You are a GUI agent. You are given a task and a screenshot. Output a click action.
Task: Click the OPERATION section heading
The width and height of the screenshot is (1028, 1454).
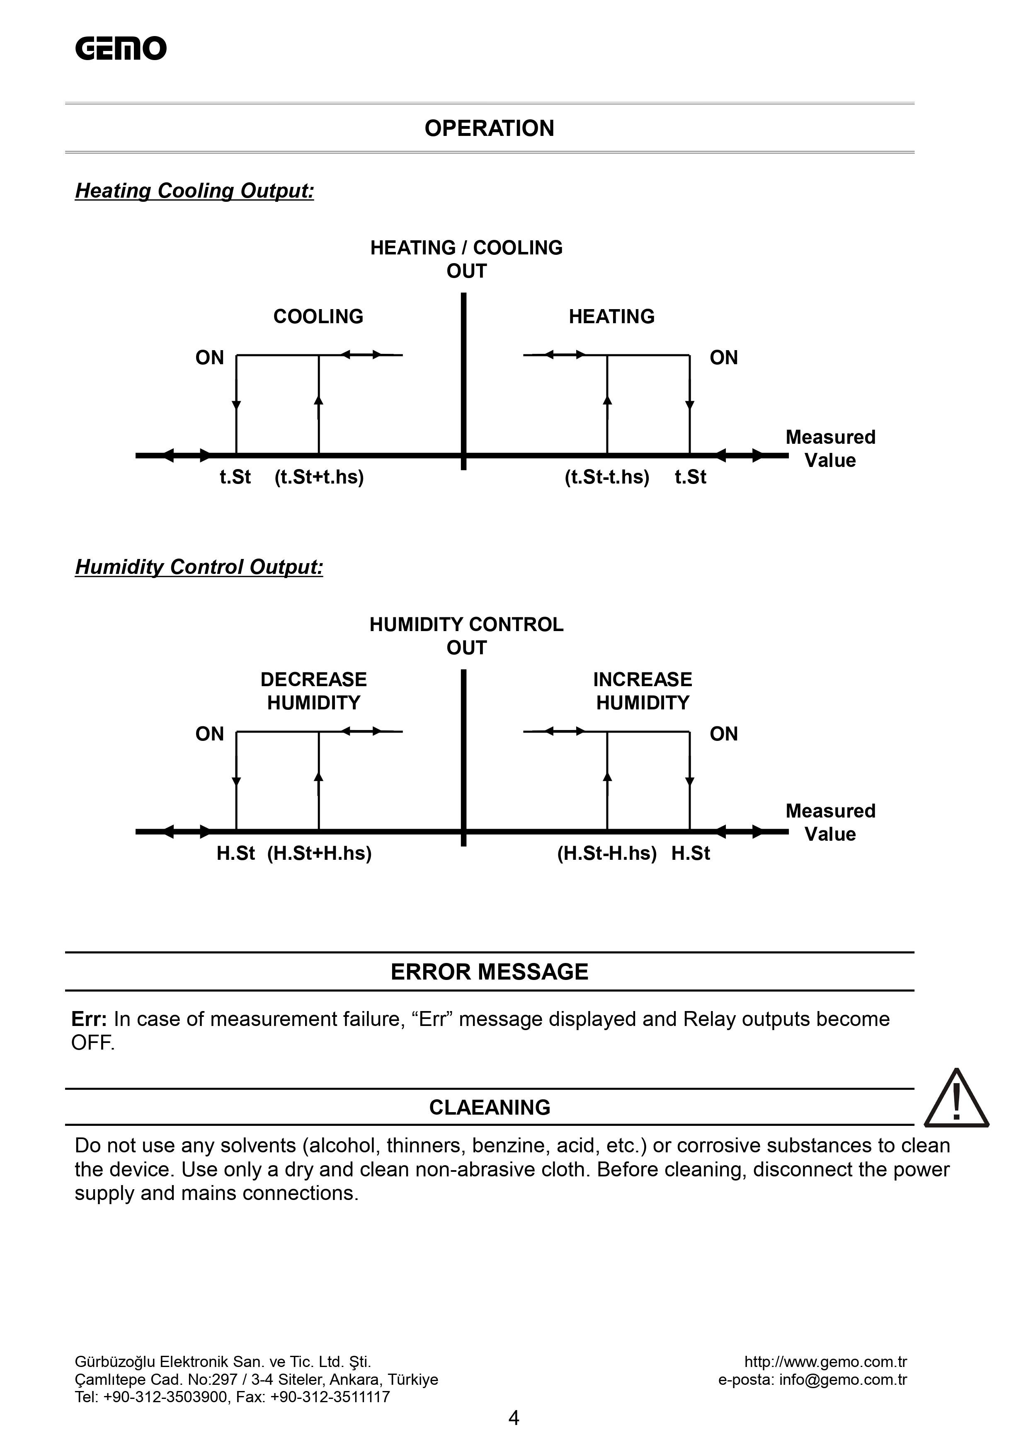point(489,128)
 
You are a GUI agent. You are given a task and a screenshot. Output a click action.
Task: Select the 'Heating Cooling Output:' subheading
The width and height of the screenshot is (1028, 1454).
point(194,191)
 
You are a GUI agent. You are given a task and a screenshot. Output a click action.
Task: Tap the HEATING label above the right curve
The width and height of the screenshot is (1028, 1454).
point(611,316)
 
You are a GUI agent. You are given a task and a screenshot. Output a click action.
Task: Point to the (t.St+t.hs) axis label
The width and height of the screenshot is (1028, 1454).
point(319,477)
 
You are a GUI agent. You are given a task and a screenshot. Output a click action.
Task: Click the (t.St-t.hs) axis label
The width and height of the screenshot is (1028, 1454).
point(607,477)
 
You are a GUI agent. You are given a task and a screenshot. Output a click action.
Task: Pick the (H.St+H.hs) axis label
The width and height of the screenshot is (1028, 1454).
point(319,853)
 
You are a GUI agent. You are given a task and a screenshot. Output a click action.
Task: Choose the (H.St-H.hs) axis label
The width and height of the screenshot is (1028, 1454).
point(607,853)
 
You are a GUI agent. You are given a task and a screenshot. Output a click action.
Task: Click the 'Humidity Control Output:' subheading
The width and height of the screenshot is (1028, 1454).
point(199,567)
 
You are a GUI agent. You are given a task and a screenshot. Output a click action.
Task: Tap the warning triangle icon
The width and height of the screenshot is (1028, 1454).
point(956,1101)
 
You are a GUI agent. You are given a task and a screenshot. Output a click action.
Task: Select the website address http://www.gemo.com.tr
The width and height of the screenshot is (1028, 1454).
point(825,1362)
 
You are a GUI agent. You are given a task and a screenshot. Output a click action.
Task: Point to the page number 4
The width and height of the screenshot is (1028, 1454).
point(514,1418)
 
